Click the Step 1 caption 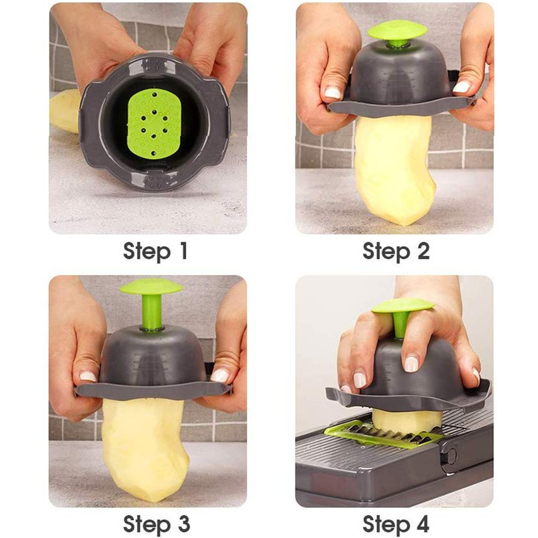pos(155,251)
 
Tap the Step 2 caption pos(396,251)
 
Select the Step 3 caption pos(155,524)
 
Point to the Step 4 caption pos(396,524)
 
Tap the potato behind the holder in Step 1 pos(65,111)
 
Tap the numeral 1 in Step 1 pos(182,251)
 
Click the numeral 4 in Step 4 pos(422,524)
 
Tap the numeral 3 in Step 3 pos(182,524)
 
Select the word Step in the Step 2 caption pos(383,251)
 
